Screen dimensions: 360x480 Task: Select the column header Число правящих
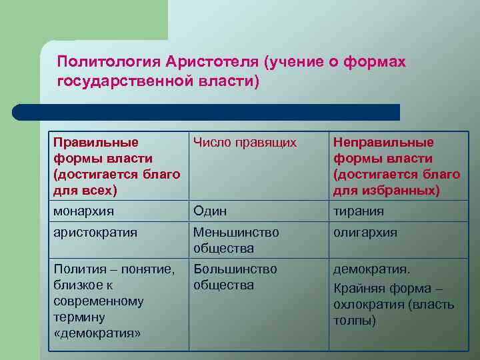245,142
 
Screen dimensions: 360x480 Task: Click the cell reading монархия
83,211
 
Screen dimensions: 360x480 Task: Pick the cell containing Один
210,211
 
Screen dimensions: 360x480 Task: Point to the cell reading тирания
359,211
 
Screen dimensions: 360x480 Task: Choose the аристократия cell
95,233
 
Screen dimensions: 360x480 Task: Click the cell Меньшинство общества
236,240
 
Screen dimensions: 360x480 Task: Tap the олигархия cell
365,233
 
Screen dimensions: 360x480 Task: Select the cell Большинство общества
235,277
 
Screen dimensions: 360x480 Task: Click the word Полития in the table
79,269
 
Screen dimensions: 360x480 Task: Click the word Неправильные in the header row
383,142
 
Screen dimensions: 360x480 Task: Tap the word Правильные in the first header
96,142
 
